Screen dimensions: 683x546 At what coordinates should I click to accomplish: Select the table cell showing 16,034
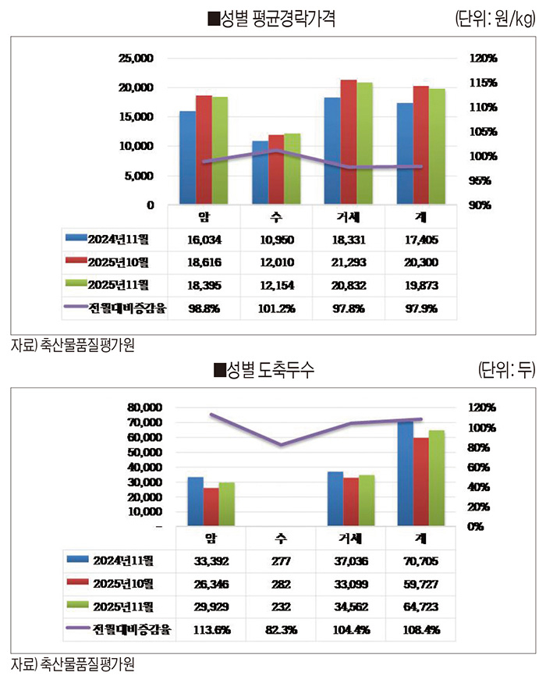[x=204, y=239]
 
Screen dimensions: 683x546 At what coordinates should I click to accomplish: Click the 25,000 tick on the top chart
[x=137, y=59]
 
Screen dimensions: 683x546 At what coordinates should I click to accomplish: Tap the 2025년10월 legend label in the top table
[x=122, y=261]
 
